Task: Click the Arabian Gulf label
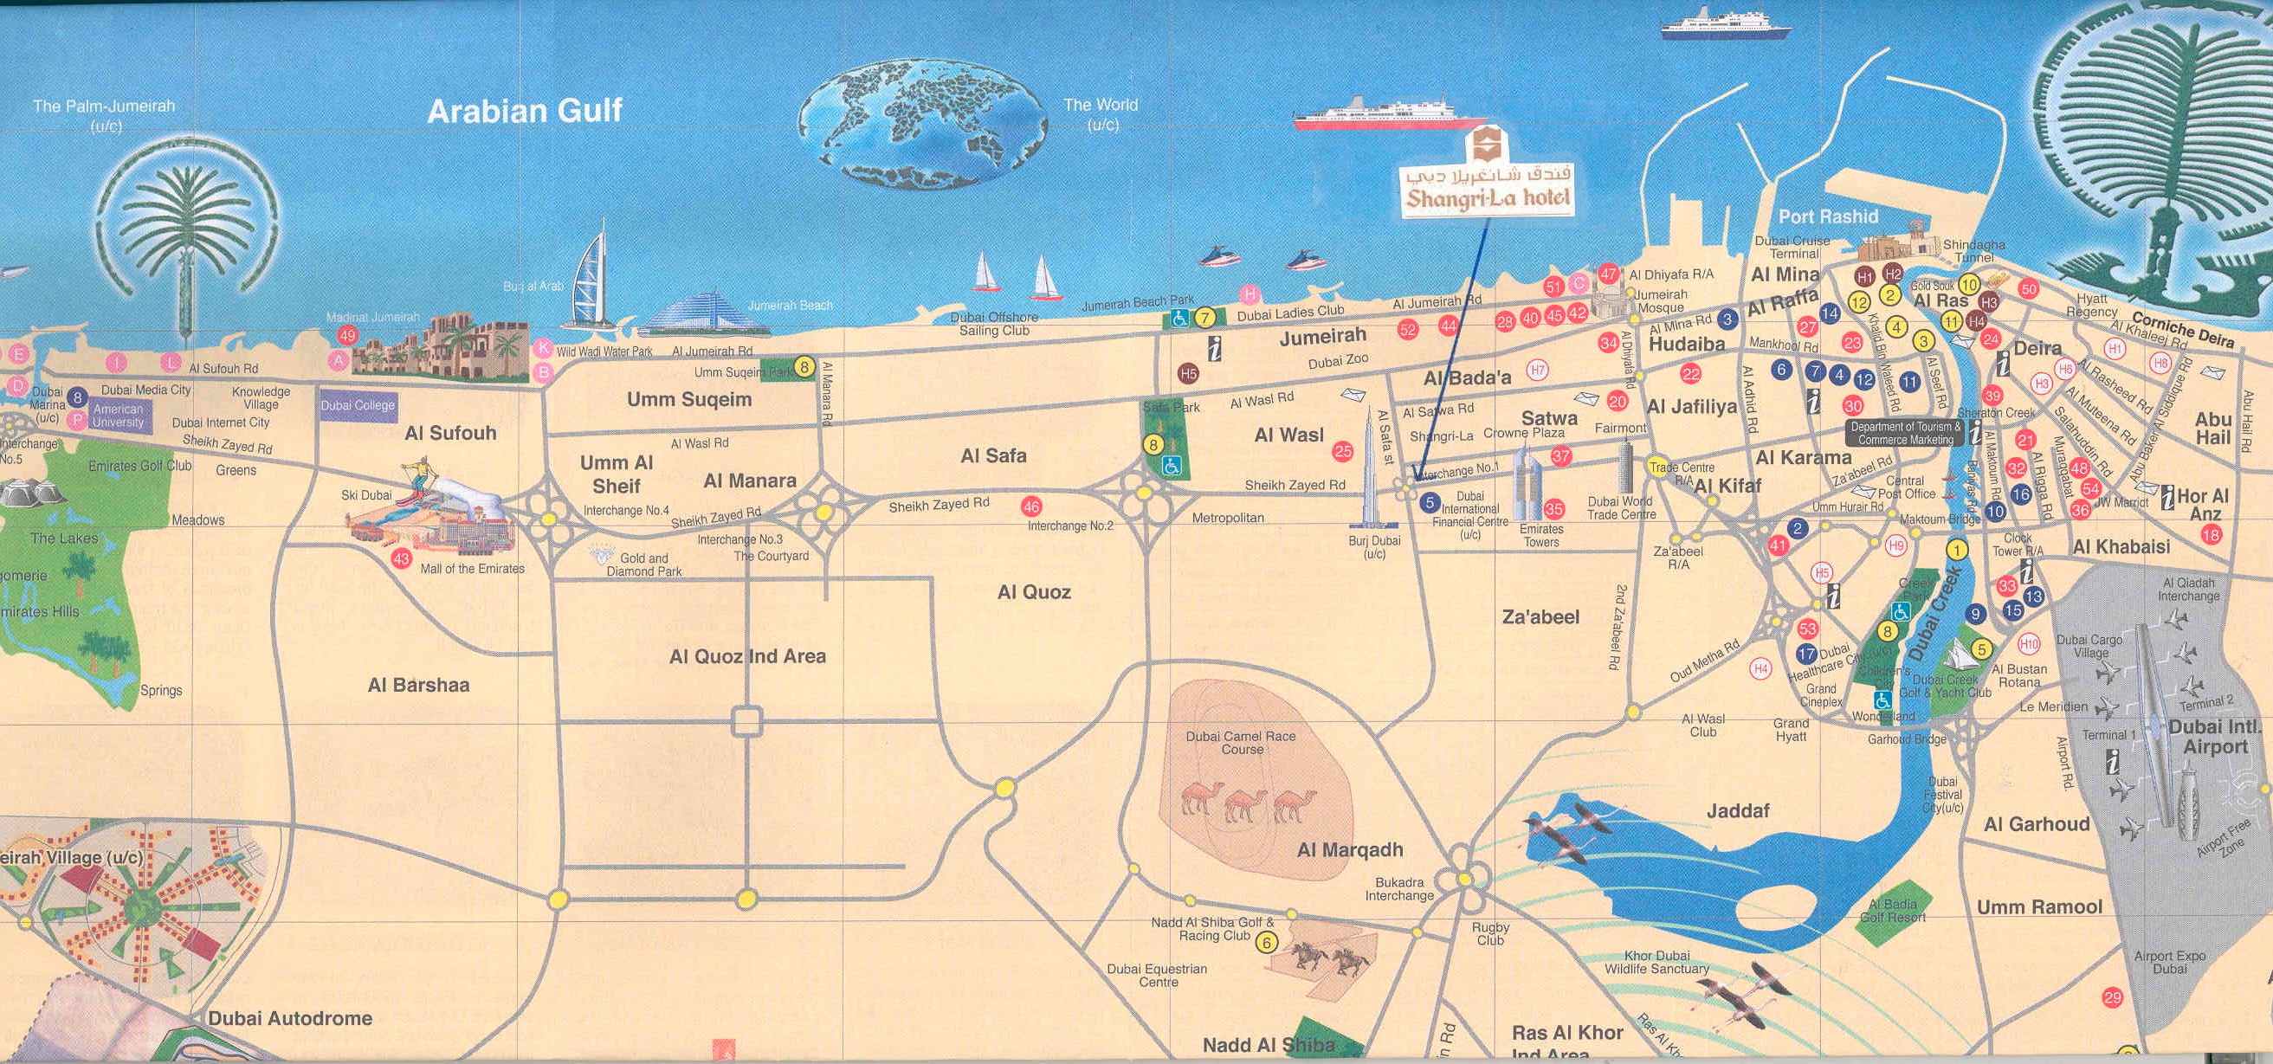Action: pyautogui.click(x=525, y=110)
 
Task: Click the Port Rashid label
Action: pyautogui.click(x=1827, y=216)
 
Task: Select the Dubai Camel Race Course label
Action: pyautogui.click(x=1242, y=742)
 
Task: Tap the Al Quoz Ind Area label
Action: pyautogui.click(x=747, y=656)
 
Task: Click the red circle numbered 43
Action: pyautogui.click(x=402, y=558)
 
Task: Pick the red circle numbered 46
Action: pyautogui.click(x=1030, y=506)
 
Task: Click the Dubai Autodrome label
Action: pyautogui.click(x=289, y=1018)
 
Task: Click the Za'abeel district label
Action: pyautogui.click(x=1540, y=616)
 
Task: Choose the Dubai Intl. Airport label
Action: pyautogui.click(x=2215, y=737)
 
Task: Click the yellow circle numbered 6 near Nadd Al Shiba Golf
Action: pyautogui.click(x=1266, y=942)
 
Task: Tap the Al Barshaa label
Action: pyautogui.click(x=418, y=685)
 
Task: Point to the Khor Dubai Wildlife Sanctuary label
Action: pyautogui.click(x=1656, y=962)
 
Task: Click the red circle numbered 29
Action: pyautogui.click(x=2112, y=998)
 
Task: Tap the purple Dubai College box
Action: pyautogui.click(x=358, y=406)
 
